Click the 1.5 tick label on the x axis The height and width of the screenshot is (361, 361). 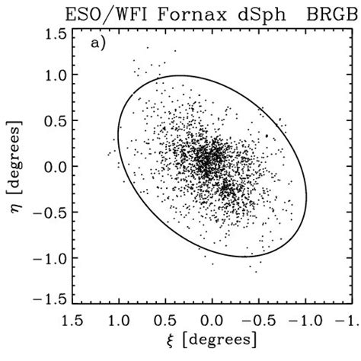click(72, 318)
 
